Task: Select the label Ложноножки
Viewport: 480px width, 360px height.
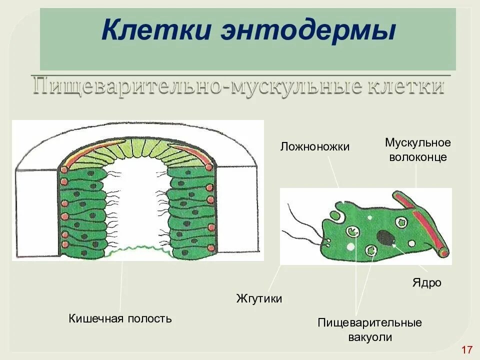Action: click(314, 146)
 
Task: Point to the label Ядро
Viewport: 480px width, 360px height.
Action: click(426, 283)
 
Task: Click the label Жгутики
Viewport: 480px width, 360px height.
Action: click(259, 298)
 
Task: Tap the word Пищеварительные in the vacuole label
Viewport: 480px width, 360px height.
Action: click(369, 322)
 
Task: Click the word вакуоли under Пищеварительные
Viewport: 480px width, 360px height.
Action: click(369, 337)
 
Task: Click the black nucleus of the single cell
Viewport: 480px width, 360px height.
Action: click(385, 237)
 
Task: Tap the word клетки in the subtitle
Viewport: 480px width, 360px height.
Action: click(404, 86)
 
